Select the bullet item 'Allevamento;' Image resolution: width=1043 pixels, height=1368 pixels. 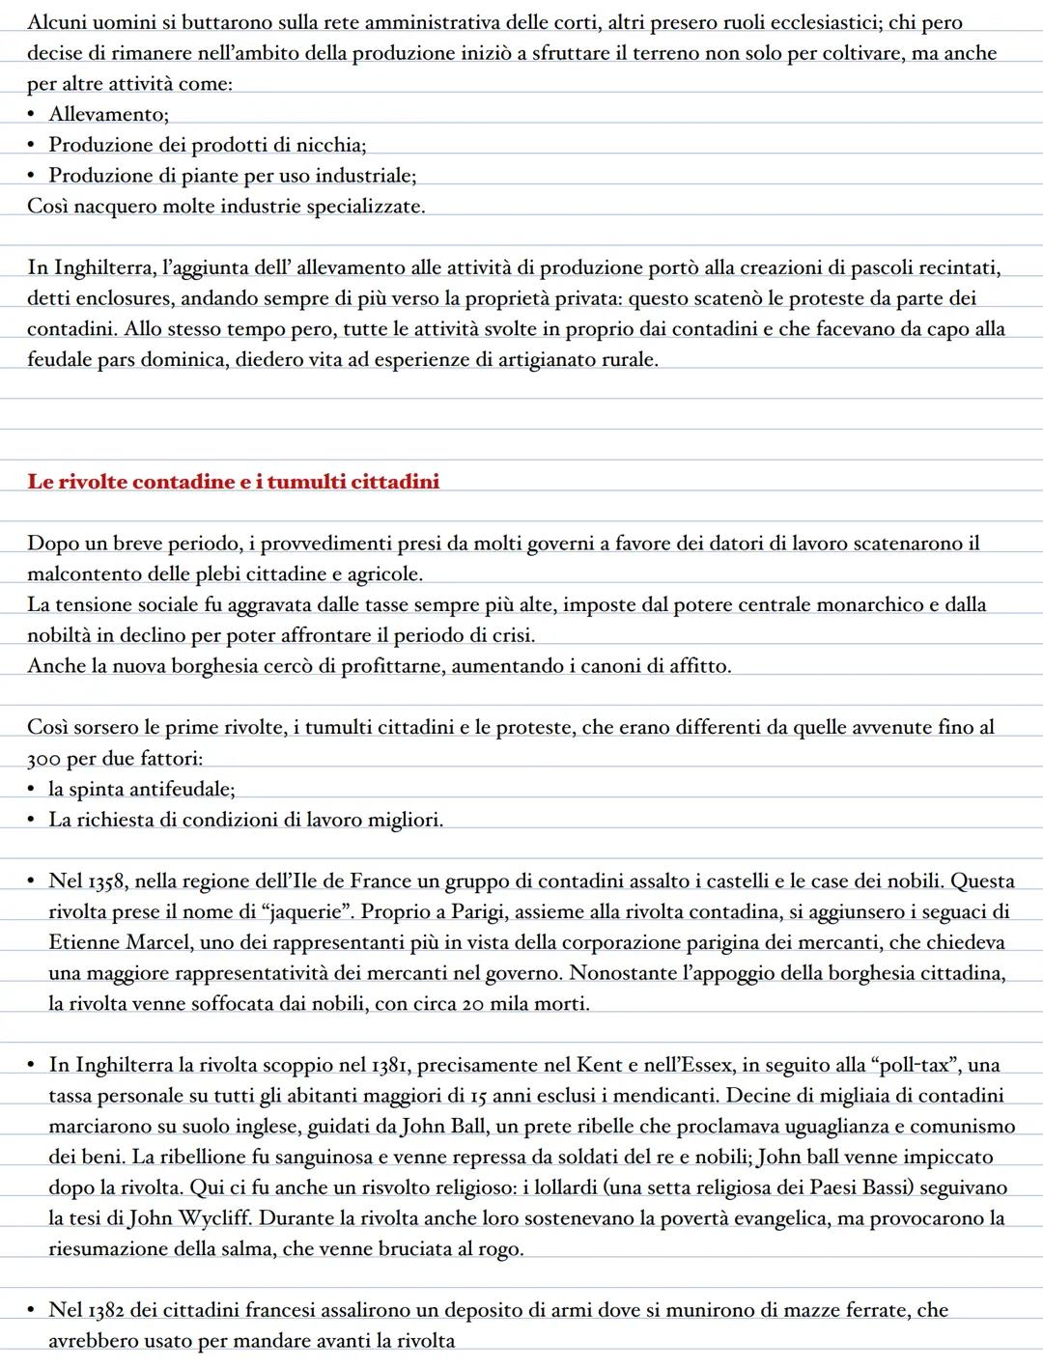pyautogui.click(x=108, y=115)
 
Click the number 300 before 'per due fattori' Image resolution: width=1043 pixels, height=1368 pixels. pyautogui.click(x=44, y=759)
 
